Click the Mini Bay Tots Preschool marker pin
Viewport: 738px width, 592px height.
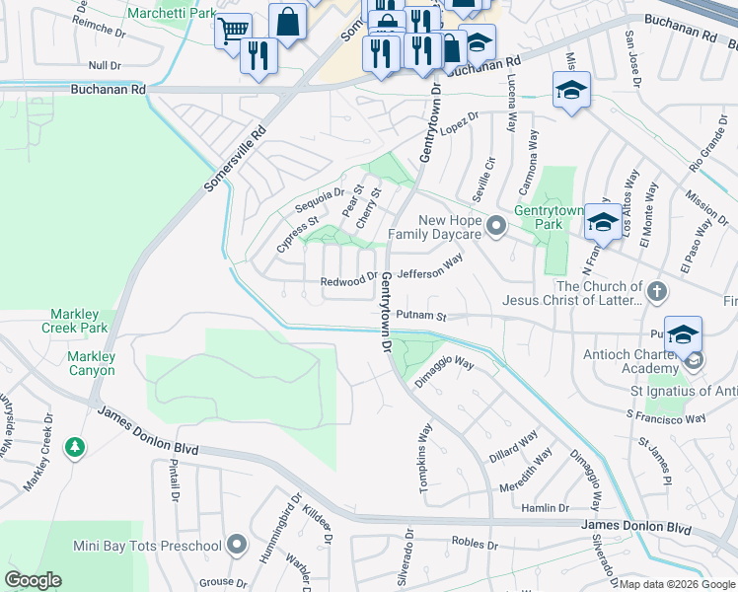(x=237, y=546)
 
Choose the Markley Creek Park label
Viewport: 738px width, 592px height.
(x=74, y=320)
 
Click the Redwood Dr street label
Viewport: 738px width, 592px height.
(x=349, y=282)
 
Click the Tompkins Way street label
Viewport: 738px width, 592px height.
(x=426, y=449)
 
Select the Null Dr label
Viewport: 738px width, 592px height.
(x=104, y=65)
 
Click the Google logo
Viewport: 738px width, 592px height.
(x=33, y=580)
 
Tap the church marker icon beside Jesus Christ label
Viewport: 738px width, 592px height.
(x=658, y=293)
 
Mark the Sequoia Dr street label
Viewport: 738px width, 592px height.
(x=320, y=199)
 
